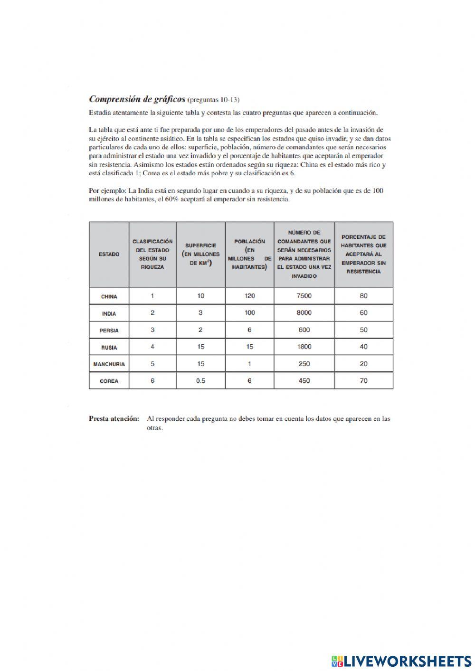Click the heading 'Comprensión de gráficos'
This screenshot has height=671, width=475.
pos(137,99)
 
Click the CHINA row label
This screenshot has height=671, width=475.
pos(109,296)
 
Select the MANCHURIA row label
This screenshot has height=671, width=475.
pos(109,364)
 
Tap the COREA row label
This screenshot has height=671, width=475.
pos(109,381)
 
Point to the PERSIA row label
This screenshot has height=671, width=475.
pos(109,330)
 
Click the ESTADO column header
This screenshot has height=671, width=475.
pos(109,254)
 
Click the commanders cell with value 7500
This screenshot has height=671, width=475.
pos(304,296)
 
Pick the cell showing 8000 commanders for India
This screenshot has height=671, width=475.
pos(304,312)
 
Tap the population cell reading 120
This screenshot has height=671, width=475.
pos(250,296)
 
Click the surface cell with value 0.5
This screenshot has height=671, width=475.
pos(200,380)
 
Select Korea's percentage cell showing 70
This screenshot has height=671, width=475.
pos(363,380)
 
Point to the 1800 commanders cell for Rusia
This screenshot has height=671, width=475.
pos(304,347)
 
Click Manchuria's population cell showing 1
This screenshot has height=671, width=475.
pos(250,364)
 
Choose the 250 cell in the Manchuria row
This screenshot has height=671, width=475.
pos(304,364)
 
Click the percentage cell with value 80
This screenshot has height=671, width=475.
pos(363,296)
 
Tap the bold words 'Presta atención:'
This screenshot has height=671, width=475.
pos(114,419)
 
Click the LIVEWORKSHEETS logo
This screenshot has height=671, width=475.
pos(401,661)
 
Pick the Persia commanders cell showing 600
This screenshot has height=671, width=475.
pos(304,330)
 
